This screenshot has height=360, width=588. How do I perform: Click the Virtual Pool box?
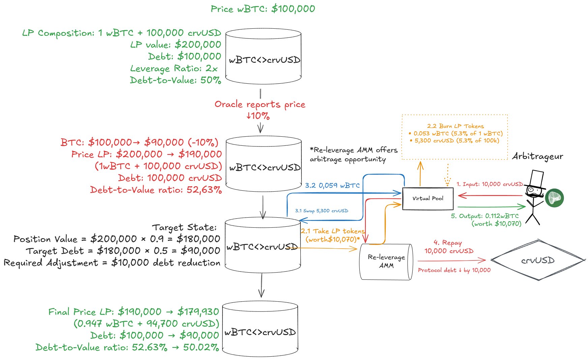point(428,199)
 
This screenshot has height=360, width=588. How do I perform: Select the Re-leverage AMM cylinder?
point(386,261)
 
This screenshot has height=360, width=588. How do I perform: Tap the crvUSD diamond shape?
point(538,260)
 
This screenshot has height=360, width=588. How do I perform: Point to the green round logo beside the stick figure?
point(554,198)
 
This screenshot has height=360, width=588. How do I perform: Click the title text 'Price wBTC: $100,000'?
point(263,9)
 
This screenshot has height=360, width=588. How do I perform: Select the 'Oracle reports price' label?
point(260,104)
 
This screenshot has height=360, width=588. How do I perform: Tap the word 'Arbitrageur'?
point(537,157)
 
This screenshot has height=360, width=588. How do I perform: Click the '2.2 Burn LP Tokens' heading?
point(455,126)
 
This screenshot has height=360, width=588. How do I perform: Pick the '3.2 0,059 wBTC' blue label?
point(332,186)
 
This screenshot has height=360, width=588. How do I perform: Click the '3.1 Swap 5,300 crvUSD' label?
point(321,211)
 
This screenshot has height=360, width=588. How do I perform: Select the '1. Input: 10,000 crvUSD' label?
point(490,184)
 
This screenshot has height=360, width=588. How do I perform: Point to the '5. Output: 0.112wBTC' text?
point(485,216)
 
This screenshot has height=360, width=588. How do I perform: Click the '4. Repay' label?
point(447,243)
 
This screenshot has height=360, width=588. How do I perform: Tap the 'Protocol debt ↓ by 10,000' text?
point(454,270)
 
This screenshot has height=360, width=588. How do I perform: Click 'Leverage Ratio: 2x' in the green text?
point(174,68)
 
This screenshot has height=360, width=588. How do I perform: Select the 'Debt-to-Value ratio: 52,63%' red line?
point(156,190)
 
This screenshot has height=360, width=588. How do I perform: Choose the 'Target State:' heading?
point(184,227)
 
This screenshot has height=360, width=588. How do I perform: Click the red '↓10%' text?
point(258,116)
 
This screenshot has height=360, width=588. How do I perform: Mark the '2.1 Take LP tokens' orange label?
point(332,231)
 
